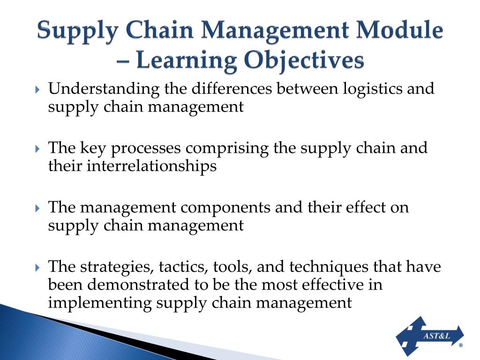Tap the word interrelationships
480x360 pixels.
coord(151,166)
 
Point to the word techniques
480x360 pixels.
coord(329,267)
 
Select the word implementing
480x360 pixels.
coord(99,302)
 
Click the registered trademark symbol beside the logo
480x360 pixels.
coord(461,345)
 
